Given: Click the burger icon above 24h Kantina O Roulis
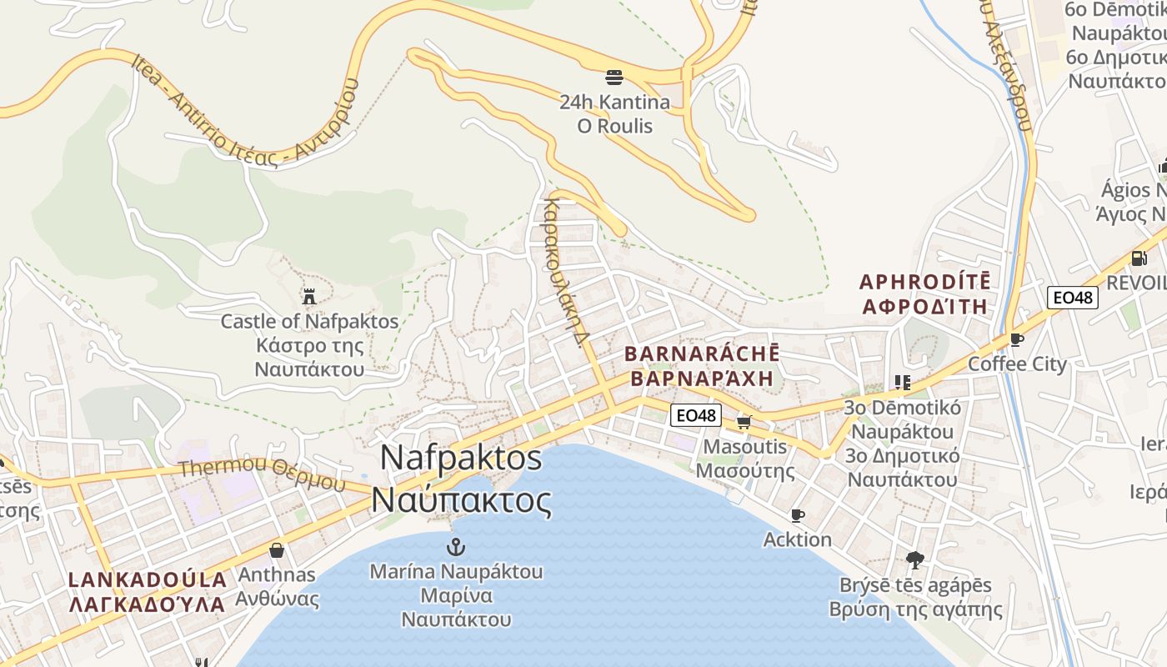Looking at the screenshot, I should point(614,78).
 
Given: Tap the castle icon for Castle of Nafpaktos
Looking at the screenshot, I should point(309,296).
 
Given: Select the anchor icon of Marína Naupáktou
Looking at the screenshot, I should point(455,547).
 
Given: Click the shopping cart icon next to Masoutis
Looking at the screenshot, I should point(744,422).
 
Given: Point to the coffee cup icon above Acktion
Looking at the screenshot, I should point(797,515).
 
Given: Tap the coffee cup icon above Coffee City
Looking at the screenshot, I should point(1016,339).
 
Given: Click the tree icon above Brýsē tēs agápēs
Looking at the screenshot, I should point(914,559).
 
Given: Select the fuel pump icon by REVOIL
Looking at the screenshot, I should point(1138,258).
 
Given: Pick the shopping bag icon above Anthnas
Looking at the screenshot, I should point(277,550).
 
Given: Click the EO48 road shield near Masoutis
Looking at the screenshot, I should point(695,414).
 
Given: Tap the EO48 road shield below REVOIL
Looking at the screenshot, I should point(1073,298).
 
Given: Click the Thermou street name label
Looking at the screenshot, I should point(261,471).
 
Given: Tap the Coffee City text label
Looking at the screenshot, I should point(1016,364).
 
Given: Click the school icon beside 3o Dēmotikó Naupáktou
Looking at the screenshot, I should point(902,383).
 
